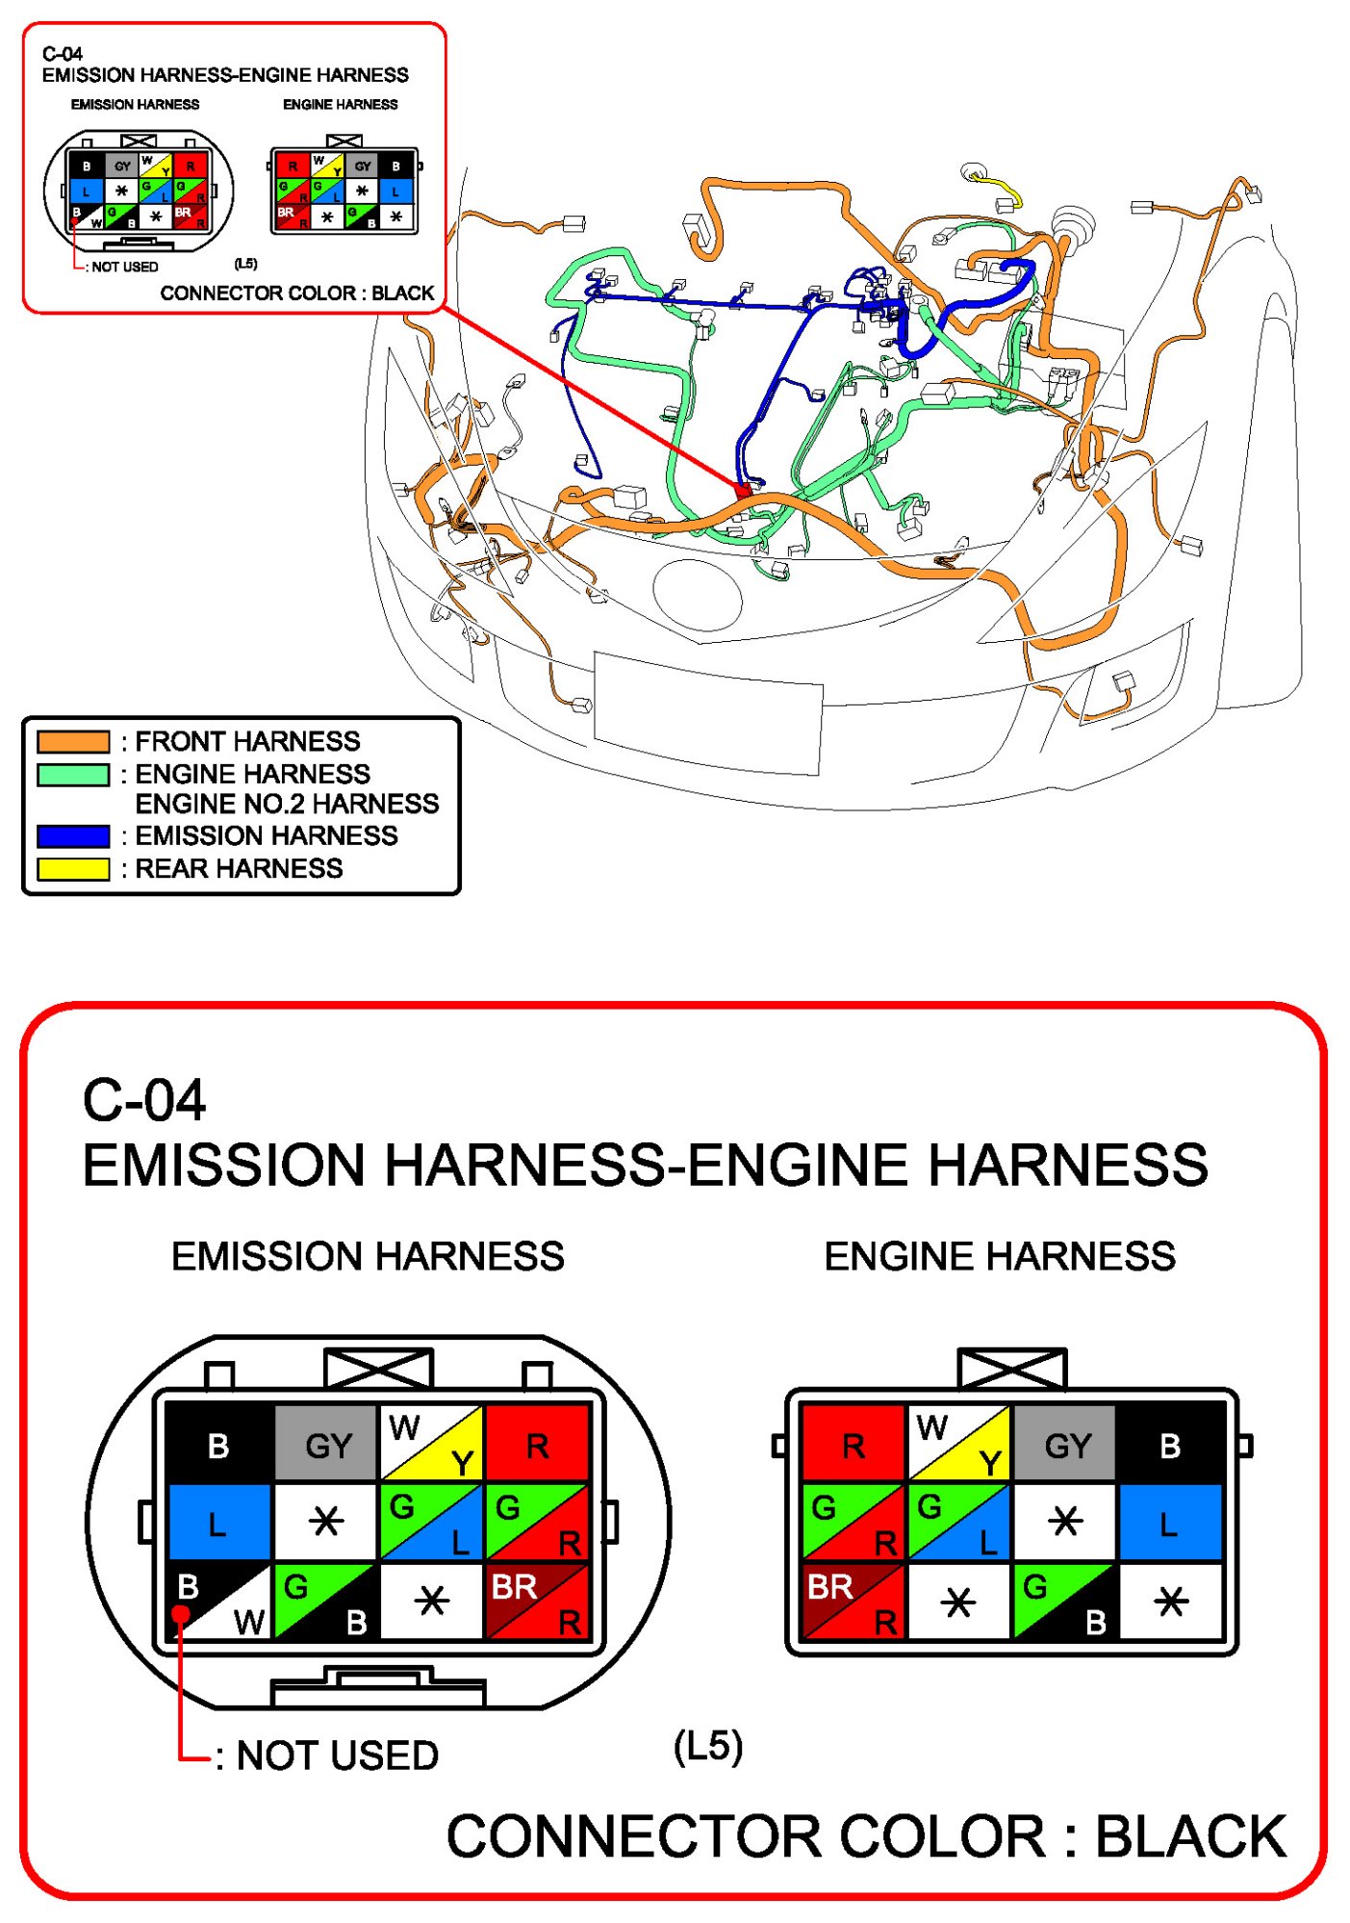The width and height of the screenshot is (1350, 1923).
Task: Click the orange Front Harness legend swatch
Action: [x=73, y=741]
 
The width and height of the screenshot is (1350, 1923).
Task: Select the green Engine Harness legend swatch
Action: [x=73, y=775]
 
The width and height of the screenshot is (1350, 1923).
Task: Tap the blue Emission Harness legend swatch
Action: [x=73, y=835]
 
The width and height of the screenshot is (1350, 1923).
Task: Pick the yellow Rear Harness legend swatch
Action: [x=73, y=868]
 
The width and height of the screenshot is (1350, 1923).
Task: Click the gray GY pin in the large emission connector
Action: [x=327, y=1444]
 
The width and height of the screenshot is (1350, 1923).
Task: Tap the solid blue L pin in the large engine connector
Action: [x=1169, y=1523]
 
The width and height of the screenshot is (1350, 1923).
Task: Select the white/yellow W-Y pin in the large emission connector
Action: [x=432, y=1444]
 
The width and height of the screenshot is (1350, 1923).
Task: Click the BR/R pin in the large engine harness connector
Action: [x=853, y=1602]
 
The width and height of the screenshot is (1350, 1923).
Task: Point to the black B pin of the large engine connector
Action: [x=1169, y=1444]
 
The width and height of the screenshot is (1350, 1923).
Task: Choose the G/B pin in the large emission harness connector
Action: [x=327, y=1602]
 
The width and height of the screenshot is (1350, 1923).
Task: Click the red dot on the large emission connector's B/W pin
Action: [x=181, y=1614]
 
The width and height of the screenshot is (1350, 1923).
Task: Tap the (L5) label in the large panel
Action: [x=708, y=1747]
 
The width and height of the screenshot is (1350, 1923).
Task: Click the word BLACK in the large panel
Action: [x=1190, y=1836]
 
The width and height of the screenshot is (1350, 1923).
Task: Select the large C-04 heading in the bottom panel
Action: [x=144, y=1099]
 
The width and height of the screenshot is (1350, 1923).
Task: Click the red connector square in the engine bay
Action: [x=743, y=490]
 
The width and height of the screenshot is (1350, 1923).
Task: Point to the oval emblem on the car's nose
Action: [x=698, y=594]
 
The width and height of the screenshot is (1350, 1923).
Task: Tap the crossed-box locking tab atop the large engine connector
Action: [x=1012, y=1368]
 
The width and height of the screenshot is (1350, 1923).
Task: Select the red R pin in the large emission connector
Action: [x=537, y=1444]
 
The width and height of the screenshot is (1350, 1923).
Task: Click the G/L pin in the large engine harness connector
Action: [x=958, y=1523]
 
